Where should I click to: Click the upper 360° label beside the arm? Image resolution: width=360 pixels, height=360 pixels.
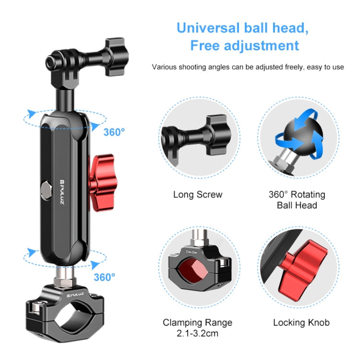pyautogui.click(x=114, y=132)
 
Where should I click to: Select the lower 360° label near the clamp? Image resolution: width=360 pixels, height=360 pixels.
pyautogui.click(x=104, y=277)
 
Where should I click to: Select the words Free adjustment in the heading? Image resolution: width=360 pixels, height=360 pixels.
pyautogui.click(x=244, y=46)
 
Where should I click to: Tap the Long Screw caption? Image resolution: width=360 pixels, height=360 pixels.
pyautogui.click(x=198, y=194)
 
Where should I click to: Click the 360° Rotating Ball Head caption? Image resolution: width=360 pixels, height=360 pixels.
pyautogui.click(x=297, y=200)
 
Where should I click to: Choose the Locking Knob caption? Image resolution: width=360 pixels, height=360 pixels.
pyautogui.click(x=301, y=323)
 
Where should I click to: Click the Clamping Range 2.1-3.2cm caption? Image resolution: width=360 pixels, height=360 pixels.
pyautogui.click(x=197, y=327)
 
